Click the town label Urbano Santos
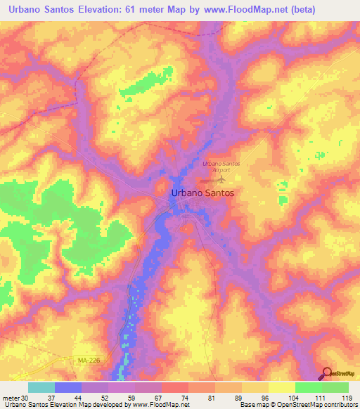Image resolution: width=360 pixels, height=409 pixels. tap(202, 191)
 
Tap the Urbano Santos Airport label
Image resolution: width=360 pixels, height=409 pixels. tap(221, 167)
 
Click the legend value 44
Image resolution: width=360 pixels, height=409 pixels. tap(82, 398)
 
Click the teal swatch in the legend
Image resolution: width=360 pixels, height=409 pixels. tap(41, 387)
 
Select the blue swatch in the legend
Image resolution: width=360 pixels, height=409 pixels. tap(68, 387)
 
